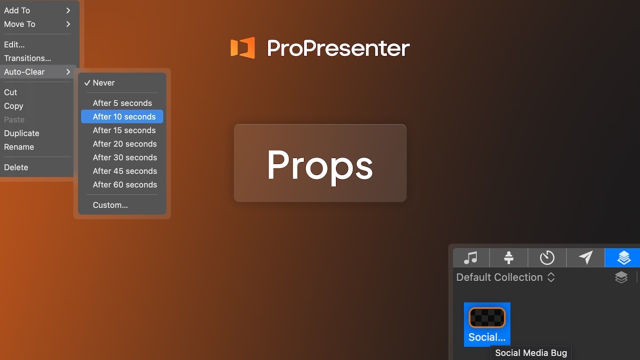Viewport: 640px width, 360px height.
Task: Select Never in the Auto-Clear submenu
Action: click(103, 83)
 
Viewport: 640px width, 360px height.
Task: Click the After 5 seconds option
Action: click(122, 103)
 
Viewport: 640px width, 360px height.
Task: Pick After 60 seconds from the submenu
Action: click(124, 184)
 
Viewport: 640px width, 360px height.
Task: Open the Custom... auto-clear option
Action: click(110, 205)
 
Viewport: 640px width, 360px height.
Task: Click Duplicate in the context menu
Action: click(21, 133)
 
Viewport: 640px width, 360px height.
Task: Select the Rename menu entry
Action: click(19, 147)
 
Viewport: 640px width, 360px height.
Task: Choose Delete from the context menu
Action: click(16, 167)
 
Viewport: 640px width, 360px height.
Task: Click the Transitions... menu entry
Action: click(27, 58)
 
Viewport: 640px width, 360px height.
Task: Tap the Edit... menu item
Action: click(14, 44)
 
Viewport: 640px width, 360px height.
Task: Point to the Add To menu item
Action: click(17, 10)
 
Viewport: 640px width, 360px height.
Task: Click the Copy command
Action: click(13, 106)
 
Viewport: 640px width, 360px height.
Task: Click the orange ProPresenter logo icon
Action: click(242, 48)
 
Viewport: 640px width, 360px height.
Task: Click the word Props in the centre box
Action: click(320, 165)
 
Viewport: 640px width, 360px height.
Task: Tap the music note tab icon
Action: click(470, 258)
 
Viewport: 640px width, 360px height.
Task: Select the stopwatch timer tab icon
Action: click(547, 258)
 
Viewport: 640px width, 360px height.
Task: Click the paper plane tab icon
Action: click(585, 258)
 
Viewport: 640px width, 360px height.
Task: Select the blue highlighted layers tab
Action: click(623, 258)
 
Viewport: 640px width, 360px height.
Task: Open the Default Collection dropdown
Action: click(505, 277)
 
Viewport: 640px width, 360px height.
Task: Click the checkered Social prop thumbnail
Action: click(487, 318)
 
